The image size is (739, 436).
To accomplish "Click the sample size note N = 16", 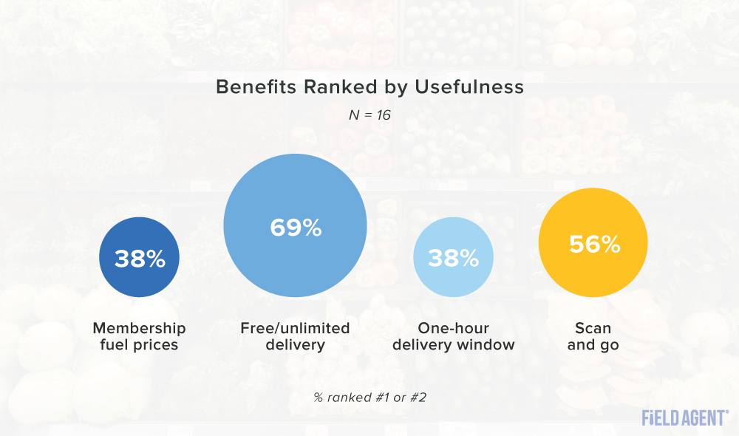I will pyautogui.click(x=369, y=115).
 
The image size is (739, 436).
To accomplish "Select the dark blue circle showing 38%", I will pyautogui.click(x=139, y=259).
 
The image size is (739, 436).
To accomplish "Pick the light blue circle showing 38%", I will pyautogui.click(x=452, y=258).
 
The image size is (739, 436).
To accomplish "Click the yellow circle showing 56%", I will pyautogui.click(x=593, y=245).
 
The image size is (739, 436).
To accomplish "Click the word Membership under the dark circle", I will pyautogui.click(x=139, y=328).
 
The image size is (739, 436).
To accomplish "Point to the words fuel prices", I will pyautogui.click(x=139, y=344).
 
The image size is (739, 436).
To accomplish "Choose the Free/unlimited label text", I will pyautogui.click(x=295, y=328).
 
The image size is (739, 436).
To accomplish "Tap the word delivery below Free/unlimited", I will pyautogui.click(x=295, y=344).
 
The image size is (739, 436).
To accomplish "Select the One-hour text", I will pyautogui.click(x=453, y=328).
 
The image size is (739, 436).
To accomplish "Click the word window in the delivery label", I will pyautogui.click(x=489, y=344).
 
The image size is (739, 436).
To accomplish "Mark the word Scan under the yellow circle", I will pyautogui.click(x=593, y=328).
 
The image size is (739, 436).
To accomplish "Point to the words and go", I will pyautogui.click(x=593, y=344).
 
